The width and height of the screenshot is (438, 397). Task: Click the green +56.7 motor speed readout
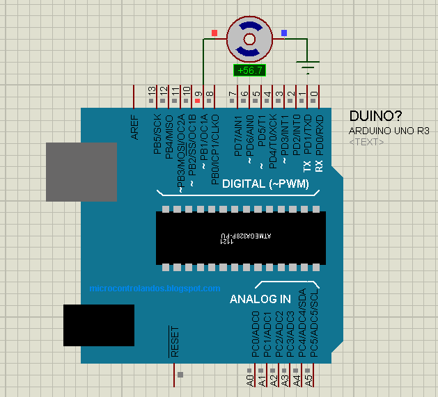[249, 70]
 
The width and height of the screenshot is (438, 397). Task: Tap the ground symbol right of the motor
[308, 67]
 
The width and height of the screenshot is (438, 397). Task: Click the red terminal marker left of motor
[214, 33]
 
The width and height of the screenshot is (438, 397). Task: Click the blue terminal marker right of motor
[283, 33]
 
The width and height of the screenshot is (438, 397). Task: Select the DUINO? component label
[375, 115]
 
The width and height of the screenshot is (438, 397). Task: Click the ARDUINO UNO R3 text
[389, 131]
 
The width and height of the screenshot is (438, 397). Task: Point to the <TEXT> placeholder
[366, 142]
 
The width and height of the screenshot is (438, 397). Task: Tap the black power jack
[99, 325]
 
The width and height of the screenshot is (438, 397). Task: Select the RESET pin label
[175, 341]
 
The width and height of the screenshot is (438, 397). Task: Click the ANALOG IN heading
[260, 300]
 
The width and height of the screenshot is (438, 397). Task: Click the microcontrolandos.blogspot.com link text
[155, 288]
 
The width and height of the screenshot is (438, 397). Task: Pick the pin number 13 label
[152, 91]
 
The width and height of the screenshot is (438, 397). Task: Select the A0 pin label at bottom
[250, 380]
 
